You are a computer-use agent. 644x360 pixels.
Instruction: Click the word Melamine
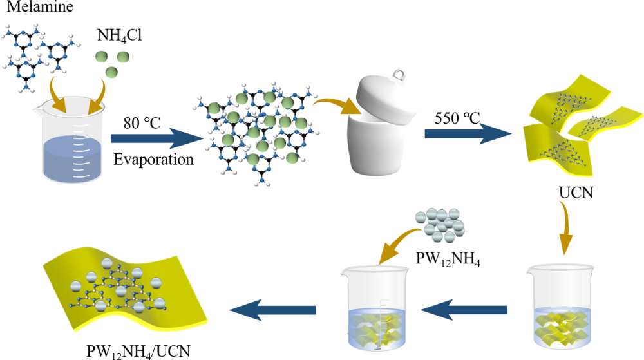click(x=29, y=8)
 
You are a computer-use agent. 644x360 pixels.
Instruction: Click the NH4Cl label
click(x=120, y=35)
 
